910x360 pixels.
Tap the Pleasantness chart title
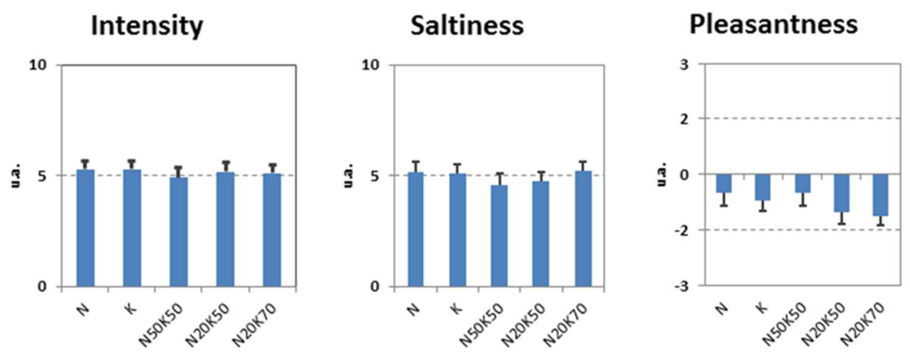(x=774, y=25)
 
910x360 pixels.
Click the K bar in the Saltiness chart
(x=457, y=230)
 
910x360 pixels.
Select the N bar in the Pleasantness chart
(x=724, y=183)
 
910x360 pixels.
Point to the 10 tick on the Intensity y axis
(x=38, y=65)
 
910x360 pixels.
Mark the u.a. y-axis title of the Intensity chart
(x=16, y=175)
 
